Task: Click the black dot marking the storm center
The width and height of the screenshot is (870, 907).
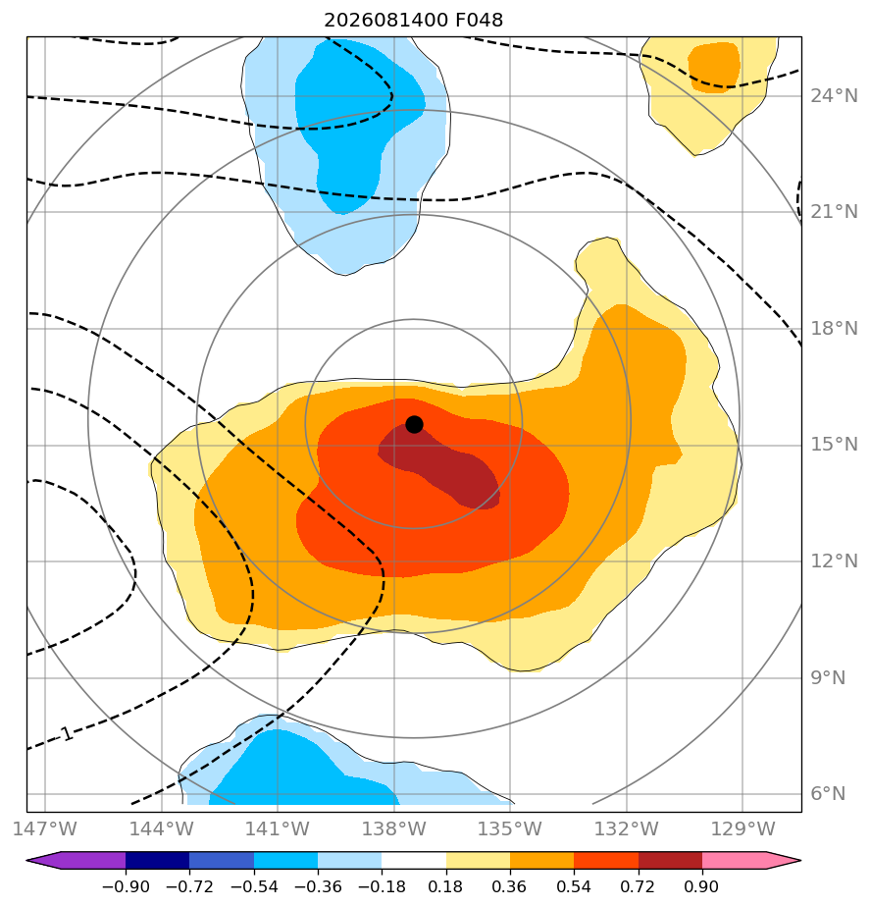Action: coord(414,425)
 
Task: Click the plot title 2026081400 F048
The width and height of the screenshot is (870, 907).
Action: coord(413,21)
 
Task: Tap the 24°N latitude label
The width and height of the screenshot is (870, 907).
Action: coord(834,96)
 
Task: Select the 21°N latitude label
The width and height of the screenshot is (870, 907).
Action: coord(834,212)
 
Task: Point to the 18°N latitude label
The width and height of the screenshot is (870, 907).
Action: coord(834,329)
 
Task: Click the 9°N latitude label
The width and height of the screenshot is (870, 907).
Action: coord(828,677)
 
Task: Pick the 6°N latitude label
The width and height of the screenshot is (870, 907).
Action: coord(828,793)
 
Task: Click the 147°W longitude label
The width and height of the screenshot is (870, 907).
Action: coord(45,828)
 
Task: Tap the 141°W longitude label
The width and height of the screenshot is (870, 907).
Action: coord(278,828)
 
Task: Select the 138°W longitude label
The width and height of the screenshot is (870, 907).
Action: coord(394,828)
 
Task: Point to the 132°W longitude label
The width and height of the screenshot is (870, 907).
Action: coord(627,828)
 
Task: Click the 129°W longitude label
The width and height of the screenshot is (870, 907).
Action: coord(742,828)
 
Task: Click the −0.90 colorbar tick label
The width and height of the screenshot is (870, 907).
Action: coord(126,886)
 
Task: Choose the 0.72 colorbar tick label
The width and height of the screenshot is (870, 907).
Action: coord(639,886)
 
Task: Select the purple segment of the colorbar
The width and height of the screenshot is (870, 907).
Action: coord(77,860)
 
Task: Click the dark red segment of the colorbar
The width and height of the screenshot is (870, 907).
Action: coord(671,860)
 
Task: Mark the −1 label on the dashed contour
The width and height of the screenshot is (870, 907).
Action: coord(66,734)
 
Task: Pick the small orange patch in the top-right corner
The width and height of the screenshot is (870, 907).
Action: coord(714,67)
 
